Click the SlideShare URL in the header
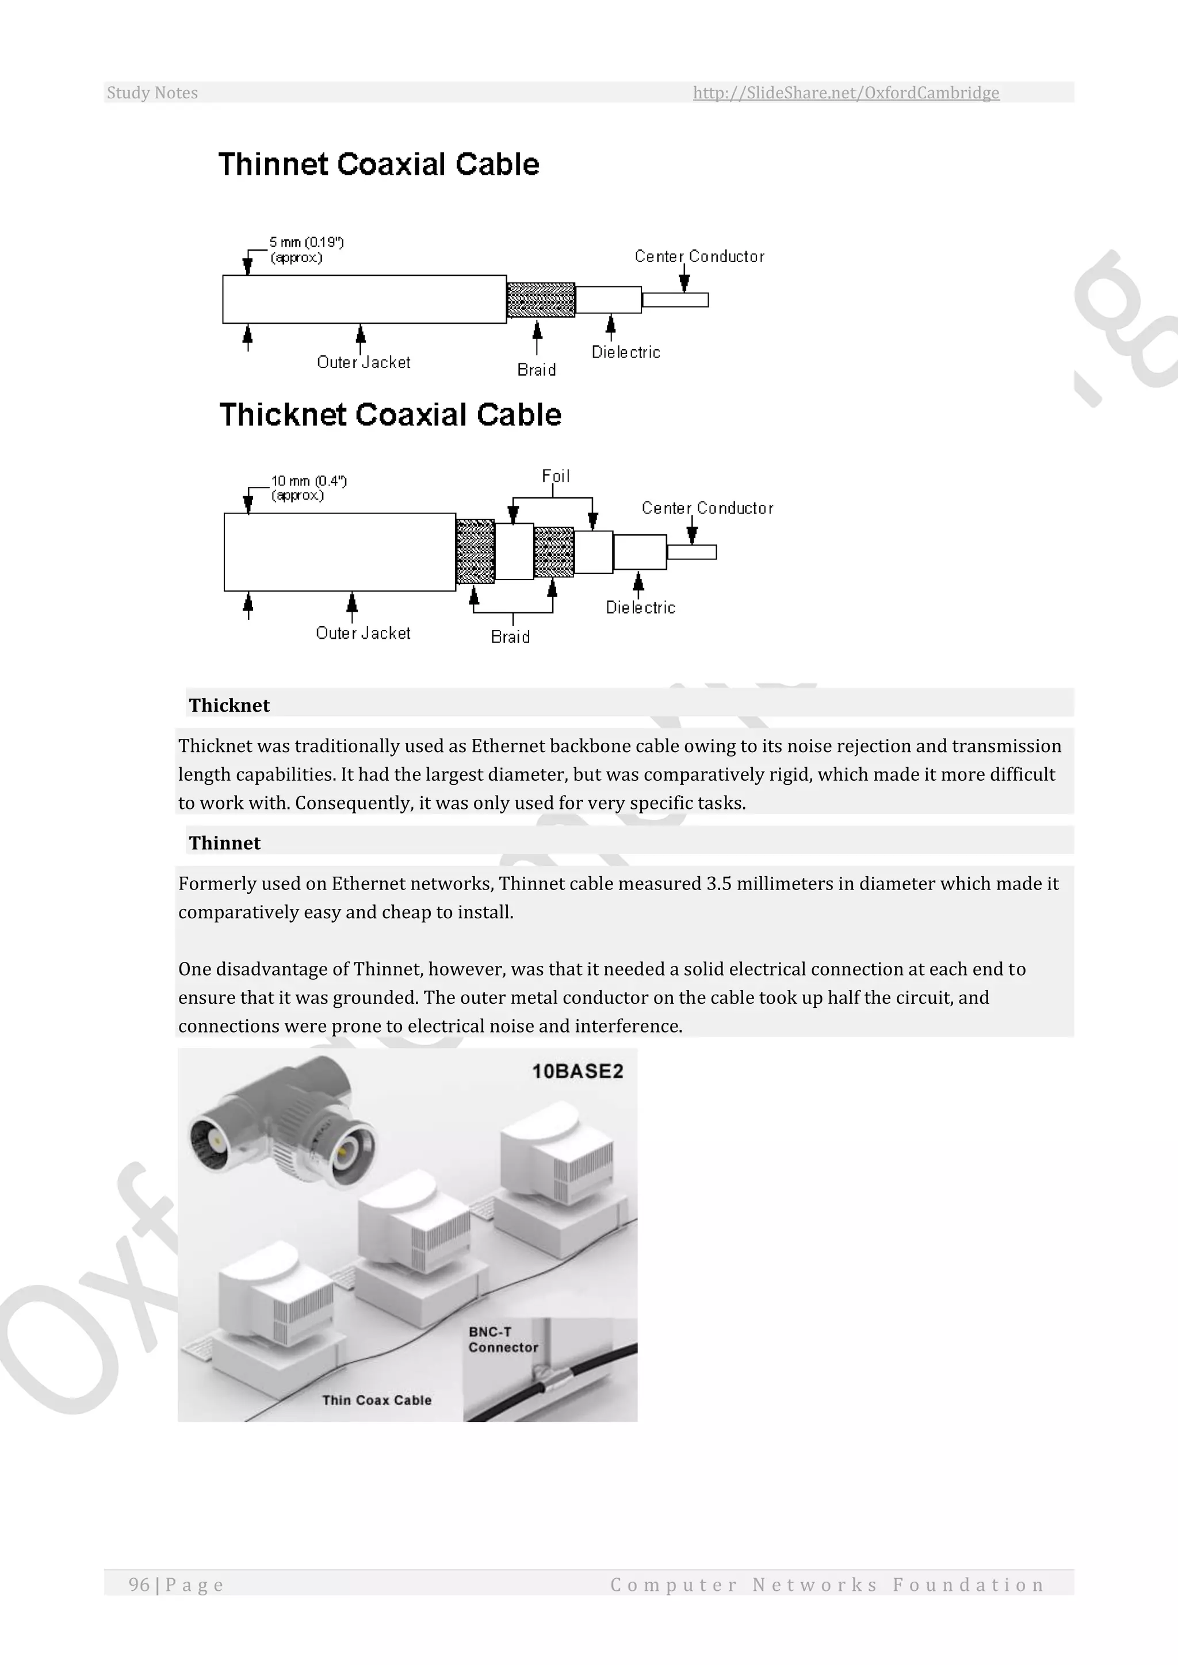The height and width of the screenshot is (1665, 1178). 846,93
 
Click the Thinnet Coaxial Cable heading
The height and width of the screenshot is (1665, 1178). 378,164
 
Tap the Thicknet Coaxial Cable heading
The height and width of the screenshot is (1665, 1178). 390,415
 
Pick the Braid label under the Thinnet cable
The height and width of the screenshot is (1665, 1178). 536,370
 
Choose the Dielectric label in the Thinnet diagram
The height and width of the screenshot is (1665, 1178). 625,352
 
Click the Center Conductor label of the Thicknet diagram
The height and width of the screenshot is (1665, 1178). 707,508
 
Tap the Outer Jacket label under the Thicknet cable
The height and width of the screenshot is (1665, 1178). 363,633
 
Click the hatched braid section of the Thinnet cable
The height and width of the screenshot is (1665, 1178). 541,300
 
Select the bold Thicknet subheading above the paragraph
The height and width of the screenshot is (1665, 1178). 230,705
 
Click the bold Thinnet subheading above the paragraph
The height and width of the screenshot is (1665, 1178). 224,843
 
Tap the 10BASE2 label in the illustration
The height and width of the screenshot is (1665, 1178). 577,1072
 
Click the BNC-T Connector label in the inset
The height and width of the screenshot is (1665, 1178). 503,1340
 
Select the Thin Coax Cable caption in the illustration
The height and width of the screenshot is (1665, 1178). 377,1401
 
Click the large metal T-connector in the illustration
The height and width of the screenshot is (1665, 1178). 283,1124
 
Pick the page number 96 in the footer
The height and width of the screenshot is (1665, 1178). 139,1585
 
